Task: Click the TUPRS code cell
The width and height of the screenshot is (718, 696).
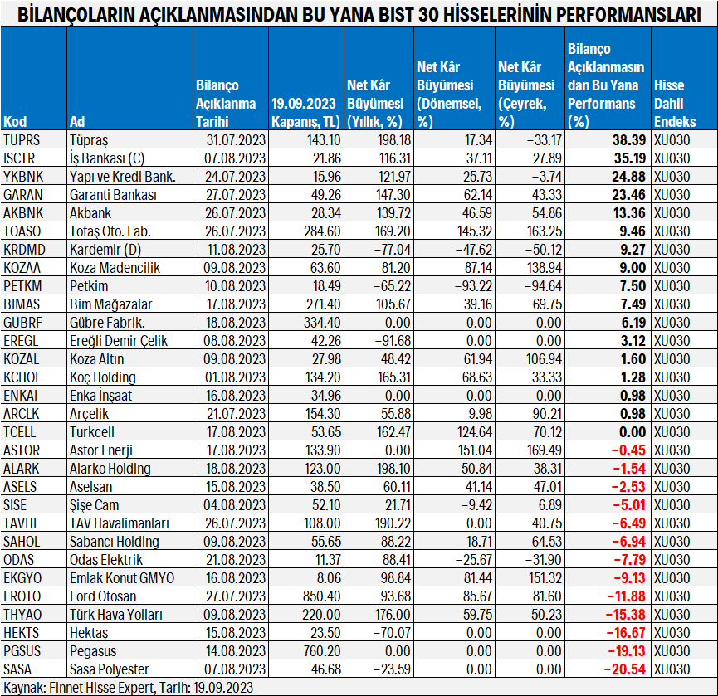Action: point(22,139)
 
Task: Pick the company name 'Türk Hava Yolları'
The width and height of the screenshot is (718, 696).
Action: point(116,615)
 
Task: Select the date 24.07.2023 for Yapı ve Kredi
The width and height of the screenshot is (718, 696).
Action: point(236,176)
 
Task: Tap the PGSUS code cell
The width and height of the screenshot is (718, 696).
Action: point(22,651)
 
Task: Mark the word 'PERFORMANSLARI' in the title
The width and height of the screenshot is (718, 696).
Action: point(633,14)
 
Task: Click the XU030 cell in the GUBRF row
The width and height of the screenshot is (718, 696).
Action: point(672,322)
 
